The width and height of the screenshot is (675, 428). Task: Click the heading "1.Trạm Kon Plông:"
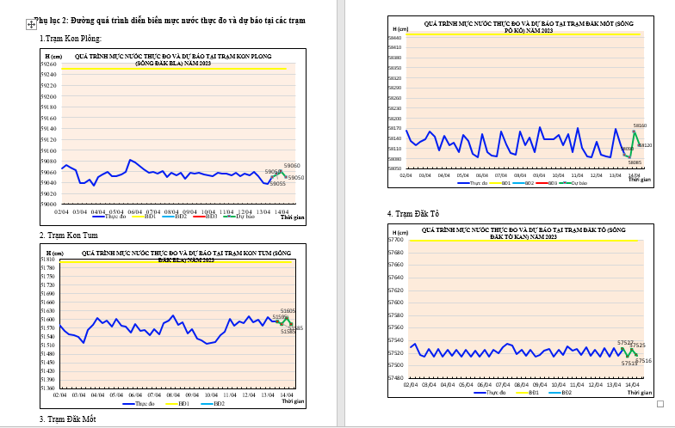[x=71, y=39]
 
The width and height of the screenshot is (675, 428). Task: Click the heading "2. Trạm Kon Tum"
[x=69, y=235]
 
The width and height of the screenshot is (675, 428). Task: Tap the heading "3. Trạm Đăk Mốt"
[x=67, y=419]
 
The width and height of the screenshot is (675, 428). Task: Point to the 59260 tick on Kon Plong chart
[x=49, y=64]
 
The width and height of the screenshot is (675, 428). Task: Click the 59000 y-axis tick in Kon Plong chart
[x=49, y=205]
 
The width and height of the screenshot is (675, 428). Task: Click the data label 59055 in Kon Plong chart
[x=278, y=184]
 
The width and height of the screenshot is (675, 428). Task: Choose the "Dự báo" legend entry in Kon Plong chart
[x=244, y=217]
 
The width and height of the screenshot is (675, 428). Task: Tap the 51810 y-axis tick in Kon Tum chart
[x=49, y=260]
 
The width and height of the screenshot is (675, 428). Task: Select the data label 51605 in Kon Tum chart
[x=288, y=311]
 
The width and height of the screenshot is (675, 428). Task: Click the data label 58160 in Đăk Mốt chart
[x=641, y=125]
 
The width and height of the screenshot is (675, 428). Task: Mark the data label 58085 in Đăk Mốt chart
[x=635, y=162]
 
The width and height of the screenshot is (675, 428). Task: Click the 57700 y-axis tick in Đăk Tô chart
[x=395, y=240]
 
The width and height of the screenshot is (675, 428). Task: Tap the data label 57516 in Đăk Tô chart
[x=644, y=361]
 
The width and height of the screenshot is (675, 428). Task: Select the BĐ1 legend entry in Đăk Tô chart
[x=533, y=392]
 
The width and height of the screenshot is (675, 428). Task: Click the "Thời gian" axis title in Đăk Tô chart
[x=640, y=393]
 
